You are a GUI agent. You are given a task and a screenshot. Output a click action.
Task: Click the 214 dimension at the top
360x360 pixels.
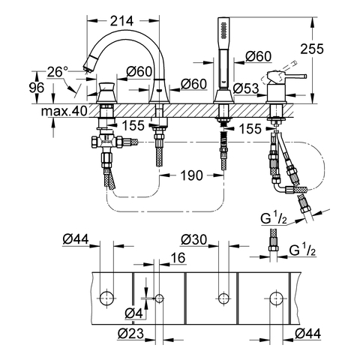click(x=121, y=21)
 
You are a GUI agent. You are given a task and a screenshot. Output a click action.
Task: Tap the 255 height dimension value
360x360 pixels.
click(x=312, y=49)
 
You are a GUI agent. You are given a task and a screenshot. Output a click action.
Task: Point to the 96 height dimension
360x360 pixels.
click(x=37, y=88)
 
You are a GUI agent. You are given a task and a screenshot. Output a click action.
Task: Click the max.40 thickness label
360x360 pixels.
click(x=64, y=111)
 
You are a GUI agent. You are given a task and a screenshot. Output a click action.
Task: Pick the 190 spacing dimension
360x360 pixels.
click(x=191, y=175)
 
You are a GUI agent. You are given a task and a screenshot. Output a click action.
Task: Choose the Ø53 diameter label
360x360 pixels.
click(x=246, y=88)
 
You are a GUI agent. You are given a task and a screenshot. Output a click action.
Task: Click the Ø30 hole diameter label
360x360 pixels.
click(x=194, y=240)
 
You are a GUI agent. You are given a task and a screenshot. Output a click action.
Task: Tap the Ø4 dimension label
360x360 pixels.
click(x=133, y=313)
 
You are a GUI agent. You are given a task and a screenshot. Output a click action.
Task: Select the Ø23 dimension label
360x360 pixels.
click(x=130, y=333)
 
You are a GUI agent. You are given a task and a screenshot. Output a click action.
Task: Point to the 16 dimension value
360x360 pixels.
click(x=178, y=257)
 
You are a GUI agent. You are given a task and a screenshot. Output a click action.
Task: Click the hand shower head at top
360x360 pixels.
click(x=223, y=28)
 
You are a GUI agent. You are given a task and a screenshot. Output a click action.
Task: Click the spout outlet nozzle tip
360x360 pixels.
click(x=86, y=67)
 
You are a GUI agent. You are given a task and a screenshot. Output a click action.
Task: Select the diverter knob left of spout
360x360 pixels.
click(x=107, y=92)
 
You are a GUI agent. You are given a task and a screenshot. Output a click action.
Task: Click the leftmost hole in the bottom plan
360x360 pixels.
click(x=106, y=298)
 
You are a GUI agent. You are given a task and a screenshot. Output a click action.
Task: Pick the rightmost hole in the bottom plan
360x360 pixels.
click(x=276, y=298)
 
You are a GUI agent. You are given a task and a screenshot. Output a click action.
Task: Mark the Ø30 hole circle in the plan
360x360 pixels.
click(x=223, y=298)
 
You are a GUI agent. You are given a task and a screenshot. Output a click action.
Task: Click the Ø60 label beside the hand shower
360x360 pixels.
click(x=258, y=56)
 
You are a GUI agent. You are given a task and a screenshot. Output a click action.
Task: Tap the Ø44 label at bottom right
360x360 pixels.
click(x=307, y=334)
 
